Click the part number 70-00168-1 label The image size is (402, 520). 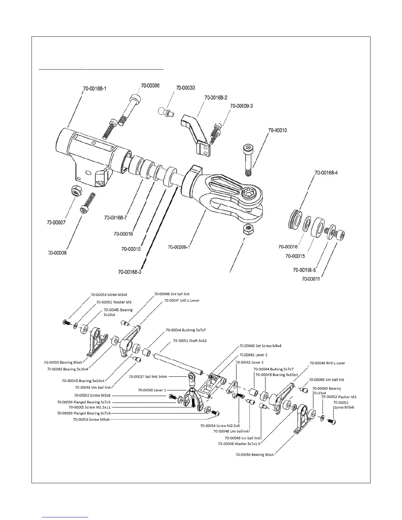click(x=95, y=88)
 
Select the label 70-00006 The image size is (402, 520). click(x=150, y=86)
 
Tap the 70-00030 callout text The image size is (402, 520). click(x=186, y=88)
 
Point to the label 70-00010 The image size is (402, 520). click(x=278, y=130)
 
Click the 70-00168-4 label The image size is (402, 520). click(x=326, y=173)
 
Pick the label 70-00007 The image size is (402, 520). click(x=56, y=223)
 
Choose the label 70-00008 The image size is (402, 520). click(x=57, y=253)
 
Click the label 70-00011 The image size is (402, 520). click(x=311, y=279)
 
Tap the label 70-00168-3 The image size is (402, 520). click(x=129, y=272)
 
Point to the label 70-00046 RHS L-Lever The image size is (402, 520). click(x=327, y=363)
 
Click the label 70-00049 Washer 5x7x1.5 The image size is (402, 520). click(x=239, y=444)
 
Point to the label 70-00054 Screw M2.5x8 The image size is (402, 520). click(x=220, y=425)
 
